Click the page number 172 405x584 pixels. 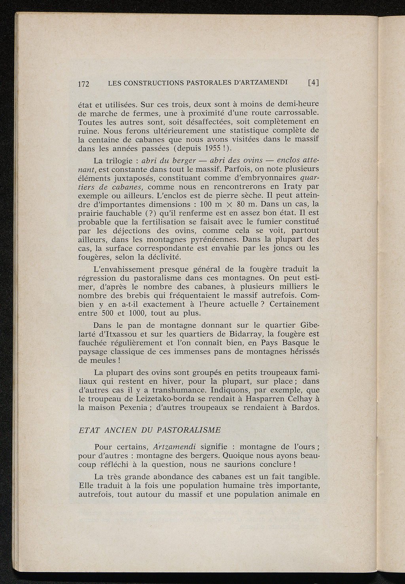click(84, 83)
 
